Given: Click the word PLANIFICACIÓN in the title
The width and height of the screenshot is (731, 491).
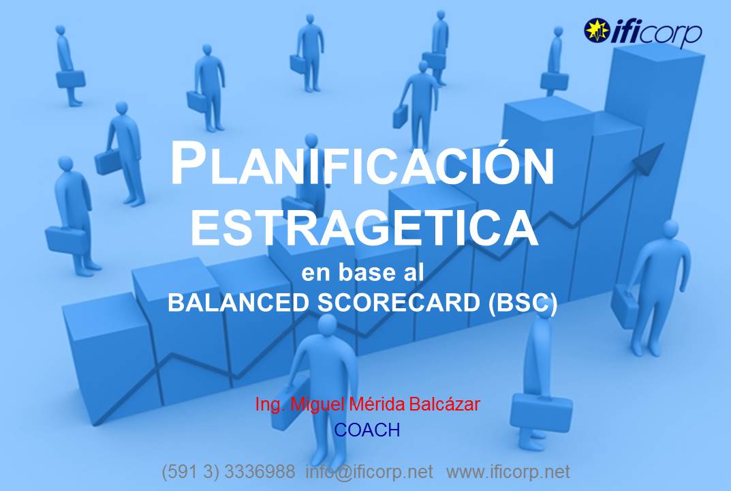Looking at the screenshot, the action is pyautogui.click(x=362, y=164).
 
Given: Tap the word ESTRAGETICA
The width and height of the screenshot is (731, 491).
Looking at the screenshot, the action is pyautogui.click(x=364, y=228).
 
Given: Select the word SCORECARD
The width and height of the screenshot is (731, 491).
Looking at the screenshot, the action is pyautogui.click(x=399, y=302).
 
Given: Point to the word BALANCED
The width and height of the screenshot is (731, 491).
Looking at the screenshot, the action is pyautogui.click(x=238, y=302).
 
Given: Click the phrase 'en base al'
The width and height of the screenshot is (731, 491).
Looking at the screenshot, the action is pyautogui.click(x=362, y=272).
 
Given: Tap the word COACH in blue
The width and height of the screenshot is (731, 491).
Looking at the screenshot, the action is pyautogui.click(x=367, y=430).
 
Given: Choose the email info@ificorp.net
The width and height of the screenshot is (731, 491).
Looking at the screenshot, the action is pyautogui.click(x=369, y=472).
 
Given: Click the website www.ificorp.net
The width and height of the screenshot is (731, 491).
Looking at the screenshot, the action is pyautogui.click(x=508, y=472).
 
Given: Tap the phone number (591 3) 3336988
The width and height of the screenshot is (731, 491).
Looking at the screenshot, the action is pyautogui.click(x=228, y=472).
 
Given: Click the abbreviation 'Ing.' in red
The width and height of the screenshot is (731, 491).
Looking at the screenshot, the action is pyautogui.click(x=270, y=404).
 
